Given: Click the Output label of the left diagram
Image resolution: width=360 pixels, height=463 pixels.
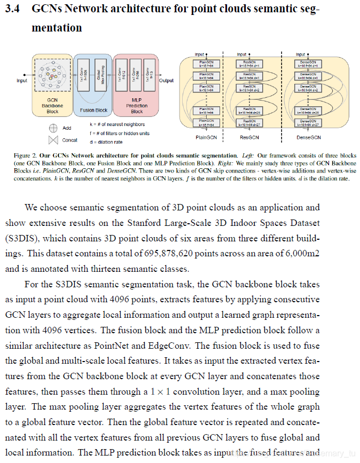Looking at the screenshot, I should (166, 81).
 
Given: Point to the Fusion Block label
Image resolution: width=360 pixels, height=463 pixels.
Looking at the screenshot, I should (93, 111).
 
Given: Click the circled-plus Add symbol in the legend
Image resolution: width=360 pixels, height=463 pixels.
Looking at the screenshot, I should (53, 128).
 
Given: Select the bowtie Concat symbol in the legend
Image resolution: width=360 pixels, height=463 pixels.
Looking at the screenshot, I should (53, 140).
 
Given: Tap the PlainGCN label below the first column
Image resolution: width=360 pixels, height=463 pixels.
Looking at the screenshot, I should (206, 137).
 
